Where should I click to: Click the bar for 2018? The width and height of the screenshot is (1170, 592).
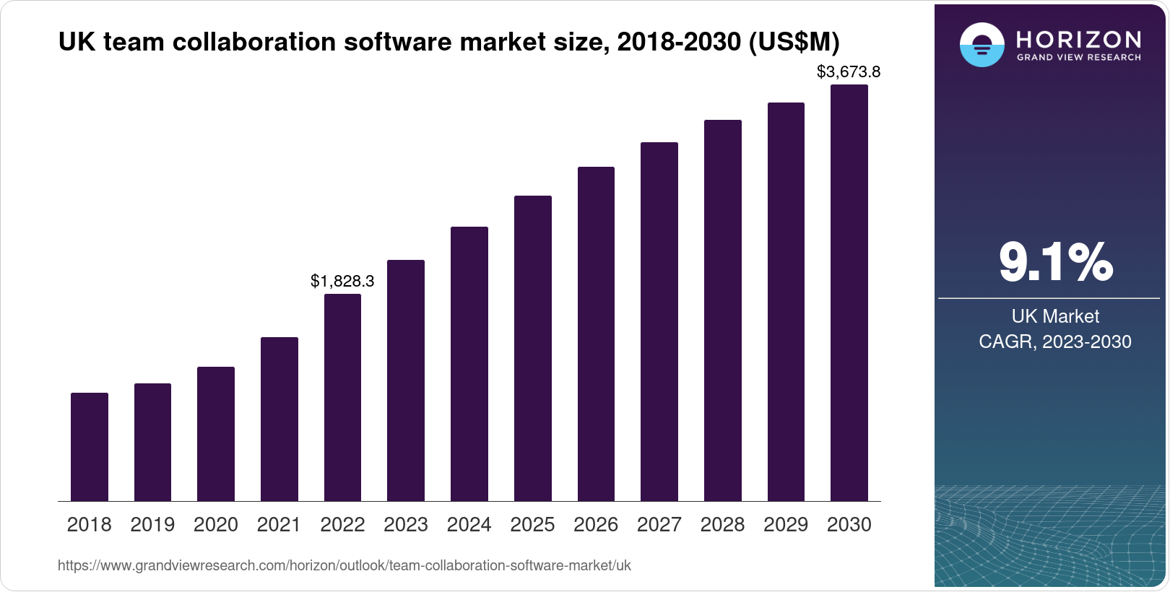(x=90, y=447)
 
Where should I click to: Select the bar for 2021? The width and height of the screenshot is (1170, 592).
(x=279, y=419)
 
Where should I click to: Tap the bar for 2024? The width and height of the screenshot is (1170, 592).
(x=469, y=364)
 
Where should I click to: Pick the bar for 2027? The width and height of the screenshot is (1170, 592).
(x=659, y=321)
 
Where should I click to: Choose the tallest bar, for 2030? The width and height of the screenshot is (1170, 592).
(x=849, y=292)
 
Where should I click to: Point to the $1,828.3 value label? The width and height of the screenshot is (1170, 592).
(x=342, y=281)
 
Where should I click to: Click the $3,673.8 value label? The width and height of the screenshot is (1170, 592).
(x=849, y=71)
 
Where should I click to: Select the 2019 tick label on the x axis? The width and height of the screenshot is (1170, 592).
(x=152, y=525)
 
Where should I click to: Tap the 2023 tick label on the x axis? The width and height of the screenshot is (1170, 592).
(x=406, y=525)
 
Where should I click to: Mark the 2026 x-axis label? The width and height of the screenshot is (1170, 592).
(x=596, y=525)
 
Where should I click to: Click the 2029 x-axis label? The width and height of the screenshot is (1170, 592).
(x=786, y=525)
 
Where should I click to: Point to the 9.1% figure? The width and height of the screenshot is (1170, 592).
(x=1056, y=262)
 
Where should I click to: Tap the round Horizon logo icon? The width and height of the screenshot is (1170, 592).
(x=981, y=45)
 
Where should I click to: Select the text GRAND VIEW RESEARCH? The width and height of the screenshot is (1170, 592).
(x=1078, y=58)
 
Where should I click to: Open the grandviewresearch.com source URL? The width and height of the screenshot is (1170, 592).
(x=344, y=565)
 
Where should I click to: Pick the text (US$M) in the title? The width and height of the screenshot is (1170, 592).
(x=794, y=42)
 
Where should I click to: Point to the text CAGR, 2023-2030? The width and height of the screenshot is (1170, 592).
(x=1055, y=341)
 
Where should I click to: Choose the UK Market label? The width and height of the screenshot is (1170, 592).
(x=1055, y=316)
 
